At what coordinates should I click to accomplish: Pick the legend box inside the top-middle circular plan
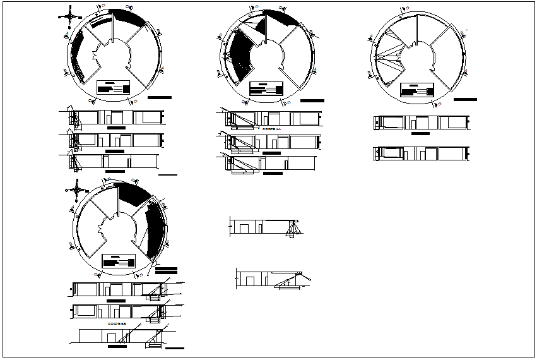pos(266,88)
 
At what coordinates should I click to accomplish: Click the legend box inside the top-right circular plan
pos(418,90)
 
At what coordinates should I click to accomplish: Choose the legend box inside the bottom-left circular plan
pos(118,261)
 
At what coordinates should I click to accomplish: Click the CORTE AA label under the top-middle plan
pos(270,128)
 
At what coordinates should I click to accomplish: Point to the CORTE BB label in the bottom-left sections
pos(117,323)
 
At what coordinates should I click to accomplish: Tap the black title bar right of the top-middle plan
pos(312,101)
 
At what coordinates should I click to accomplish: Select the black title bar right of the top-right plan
pos(466,99)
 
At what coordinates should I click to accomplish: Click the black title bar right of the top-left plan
pos(160,98)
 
